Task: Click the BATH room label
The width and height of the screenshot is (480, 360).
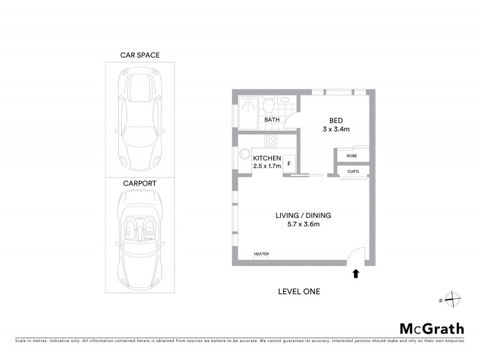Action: coord(272,120)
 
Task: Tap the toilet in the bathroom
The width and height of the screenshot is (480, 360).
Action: coord(270,106)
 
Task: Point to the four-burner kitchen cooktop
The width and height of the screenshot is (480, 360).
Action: coord(271,142)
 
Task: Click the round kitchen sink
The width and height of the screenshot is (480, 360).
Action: coord(244,154)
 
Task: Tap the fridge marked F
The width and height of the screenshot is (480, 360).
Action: coord(289,163)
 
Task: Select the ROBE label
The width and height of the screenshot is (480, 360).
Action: coord(352,155)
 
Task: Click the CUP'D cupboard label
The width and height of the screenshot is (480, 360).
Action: coord(352,172)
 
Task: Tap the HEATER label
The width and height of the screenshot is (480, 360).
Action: coord(261,254)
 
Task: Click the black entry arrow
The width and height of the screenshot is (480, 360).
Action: coord(355,274)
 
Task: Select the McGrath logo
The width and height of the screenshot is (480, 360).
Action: coord(431,328)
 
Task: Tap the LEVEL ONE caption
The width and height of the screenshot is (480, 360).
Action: coord(299,292)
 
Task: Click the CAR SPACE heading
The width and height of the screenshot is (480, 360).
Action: coord(140,55)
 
